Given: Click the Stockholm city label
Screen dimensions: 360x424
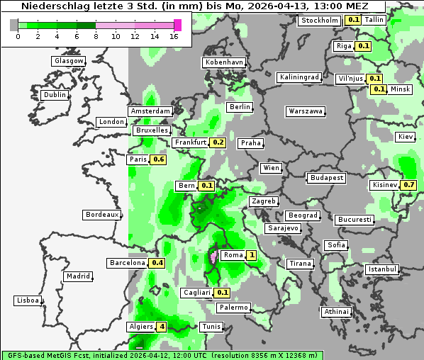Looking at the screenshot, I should coord(320,21).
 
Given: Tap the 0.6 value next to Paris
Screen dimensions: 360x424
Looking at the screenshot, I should coord(159,159).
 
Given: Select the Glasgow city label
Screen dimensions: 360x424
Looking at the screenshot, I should coord(69,61).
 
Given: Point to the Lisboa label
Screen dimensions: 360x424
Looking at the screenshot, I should coord(27,300).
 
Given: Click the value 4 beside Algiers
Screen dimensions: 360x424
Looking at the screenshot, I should coord(162,327).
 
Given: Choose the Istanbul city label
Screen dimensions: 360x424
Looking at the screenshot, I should coord(382,270).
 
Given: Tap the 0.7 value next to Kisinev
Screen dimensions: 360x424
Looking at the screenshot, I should coord(408,185).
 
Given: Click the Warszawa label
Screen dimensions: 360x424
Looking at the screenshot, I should coord(306,111).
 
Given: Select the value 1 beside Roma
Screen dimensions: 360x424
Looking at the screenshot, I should coord(251,255).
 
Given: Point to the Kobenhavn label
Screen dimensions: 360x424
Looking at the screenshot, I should coord(224,62).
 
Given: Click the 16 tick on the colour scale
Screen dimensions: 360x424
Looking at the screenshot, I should coord(174,36).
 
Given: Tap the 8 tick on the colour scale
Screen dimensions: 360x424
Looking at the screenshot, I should coord(96,36).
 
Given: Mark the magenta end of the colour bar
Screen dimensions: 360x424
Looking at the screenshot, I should coord(177,25).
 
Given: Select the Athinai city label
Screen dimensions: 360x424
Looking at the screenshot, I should coord(336,312).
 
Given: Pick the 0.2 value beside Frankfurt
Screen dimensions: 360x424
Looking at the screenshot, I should coord(218,142).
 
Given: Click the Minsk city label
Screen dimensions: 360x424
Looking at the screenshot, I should coord(401,89).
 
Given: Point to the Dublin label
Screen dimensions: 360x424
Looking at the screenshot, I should coord(55,95).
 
